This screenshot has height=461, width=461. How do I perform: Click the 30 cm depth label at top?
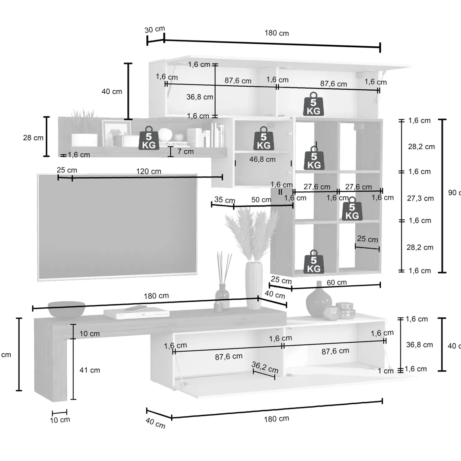click(154, 29)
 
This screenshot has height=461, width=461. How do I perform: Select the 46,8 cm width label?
click(262, 159)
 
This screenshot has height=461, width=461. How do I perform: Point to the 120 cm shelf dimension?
click(149, 171)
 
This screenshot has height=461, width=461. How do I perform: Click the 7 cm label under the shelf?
click(186, 151)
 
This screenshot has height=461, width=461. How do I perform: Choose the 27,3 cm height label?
click(420, 198)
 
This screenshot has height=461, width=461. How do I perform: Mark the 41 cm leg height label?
click(90, 370)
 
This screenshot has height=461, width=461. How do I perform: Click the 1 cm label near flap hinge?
click(386, 371)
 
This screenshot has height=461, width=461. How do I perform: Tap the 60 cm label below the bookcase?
click(336, 283)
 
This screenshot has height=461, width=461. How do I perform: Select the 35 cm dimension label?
click(225, 200)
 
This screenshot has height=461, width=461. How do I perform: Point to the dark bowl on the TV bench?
click(66, 309)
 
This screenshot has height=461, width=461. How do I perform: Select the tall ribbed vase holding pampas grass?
click(254, 285)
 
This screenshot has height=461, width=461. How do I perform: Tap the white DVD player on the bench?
click(136, 312)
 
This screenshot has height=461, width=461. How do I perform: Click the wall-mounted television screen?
click(117, 227)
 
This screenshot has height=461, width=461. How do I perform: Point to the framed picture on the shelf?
click(116, 133)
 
